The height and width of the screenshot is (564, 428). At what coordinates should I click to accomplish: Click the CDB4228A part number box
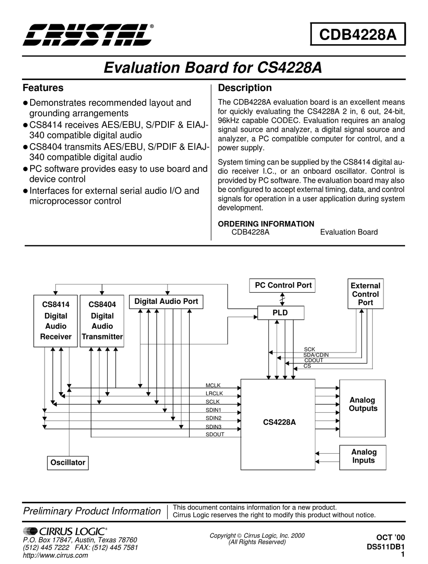358,34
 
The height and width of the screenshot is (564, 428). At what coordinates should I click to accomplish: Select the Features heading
43,88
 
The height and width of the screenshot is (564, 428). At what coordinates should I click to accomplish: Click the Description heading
245,88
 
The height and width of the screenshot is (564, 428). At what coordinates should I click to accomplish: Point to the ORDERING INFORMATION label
266,224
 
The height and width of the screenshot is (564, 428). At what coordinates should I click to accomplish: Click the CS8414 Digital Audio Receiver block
56,321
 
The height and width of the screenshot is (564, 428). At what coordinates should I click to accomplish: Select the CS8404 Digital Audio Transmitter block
102,321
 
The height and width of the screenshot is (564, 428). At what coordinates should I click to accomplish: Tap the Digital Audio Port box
166,302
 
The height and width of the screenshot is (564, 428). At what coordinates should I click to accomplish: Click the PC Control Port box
283,285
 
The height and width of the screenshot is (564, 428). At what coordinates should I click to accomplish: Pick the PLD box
280,312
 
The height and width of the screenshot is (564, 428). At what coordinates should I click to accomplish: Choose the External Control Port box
365,294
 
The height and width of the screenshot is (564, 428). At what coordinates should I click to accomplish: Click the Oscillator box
68,463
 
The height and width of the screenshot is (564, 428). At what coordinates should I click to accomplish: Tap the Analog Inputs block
364,456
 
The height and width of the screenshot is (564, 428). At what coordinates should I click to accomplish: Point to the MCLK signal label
213,385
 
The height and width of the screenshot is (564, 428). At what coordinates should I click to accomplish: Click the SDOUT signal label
215,434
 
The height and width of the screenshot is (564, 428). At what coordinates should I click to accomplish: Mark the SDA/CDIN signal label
316,355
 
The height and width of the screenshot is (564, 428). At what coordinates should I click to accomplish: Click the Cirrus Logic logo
65,531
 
